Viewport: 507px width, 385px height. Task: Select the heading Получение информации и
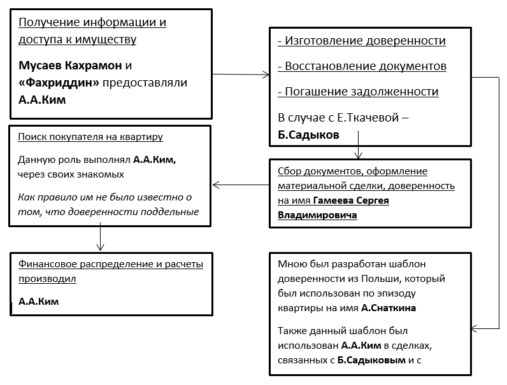coord(92,23)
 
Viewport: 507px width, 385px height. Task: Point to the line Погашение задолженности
coord(358,92)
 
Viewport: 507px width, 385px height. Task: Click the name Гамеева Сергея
coord(351,200)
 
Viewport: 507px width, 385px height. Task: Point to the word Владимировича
coord(317,215)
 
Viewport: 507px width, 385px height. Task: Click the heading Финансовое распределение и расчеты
coord(110,264)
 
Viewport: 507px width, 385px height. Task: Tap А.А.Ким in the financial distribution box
coord(38,301)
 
